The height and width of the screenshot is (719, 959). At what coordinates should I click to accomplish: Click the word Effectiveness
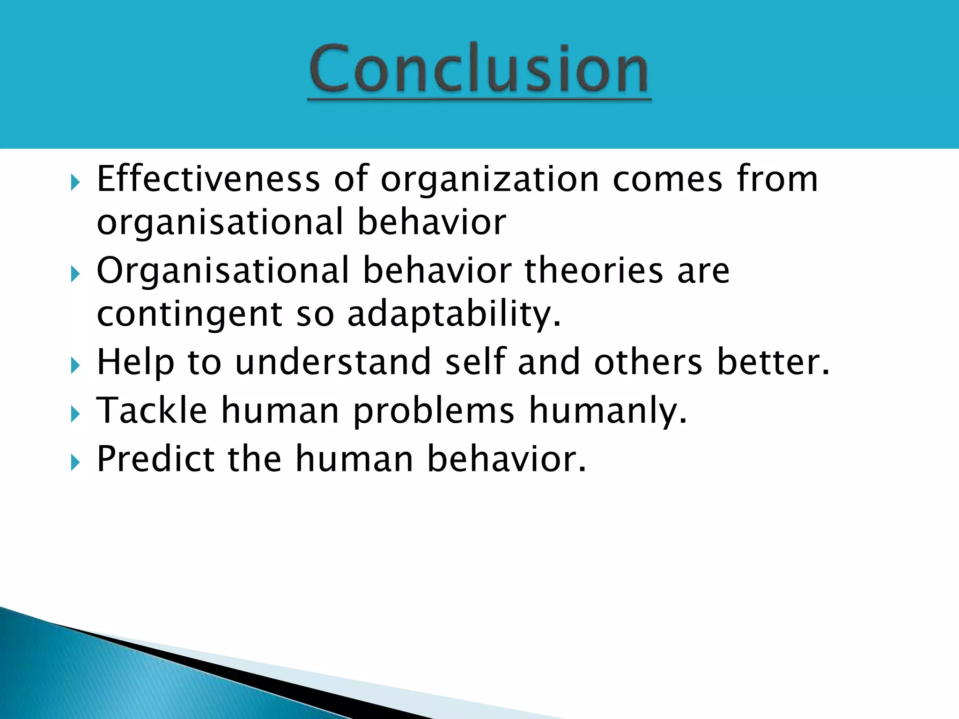[x=208, y=179]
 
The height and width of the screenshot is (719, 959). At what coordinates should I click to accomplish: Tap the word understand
[x=333, y=362]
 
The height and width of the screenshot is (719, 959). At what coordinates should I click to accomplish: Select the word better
[x=773, y=362]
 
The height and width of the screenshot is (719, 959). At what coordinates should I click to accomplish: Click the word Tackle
[x=152, y=410]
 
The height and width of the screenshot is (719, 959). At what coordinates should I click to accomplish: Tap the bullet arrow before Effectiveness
[x=75, y=183]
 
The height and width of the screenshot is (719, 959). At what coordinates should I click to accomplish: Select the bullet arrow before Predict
[x=75, y=463]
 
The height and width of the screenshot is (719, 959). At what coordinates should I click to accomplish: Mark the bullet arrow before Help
[x=75, y=366]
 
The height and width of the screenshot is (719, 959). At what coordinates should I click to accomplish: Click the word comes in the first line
[x=667, y=179]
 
